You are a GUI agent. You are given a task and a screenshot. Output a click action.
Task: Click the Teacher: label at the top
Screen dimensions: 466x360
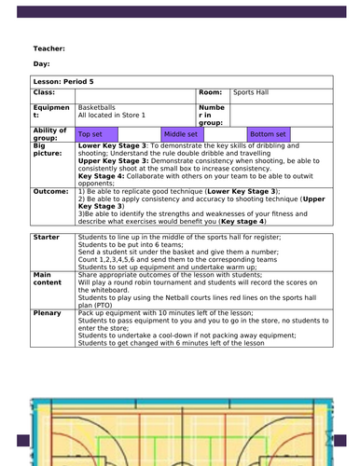48,48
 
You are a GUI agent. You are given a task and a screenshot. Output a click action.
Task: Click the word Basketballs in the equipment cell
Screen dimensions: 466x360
97,107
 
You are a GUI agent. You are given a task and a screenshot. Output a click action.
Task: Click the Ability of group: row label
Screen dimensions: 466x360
48,134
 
